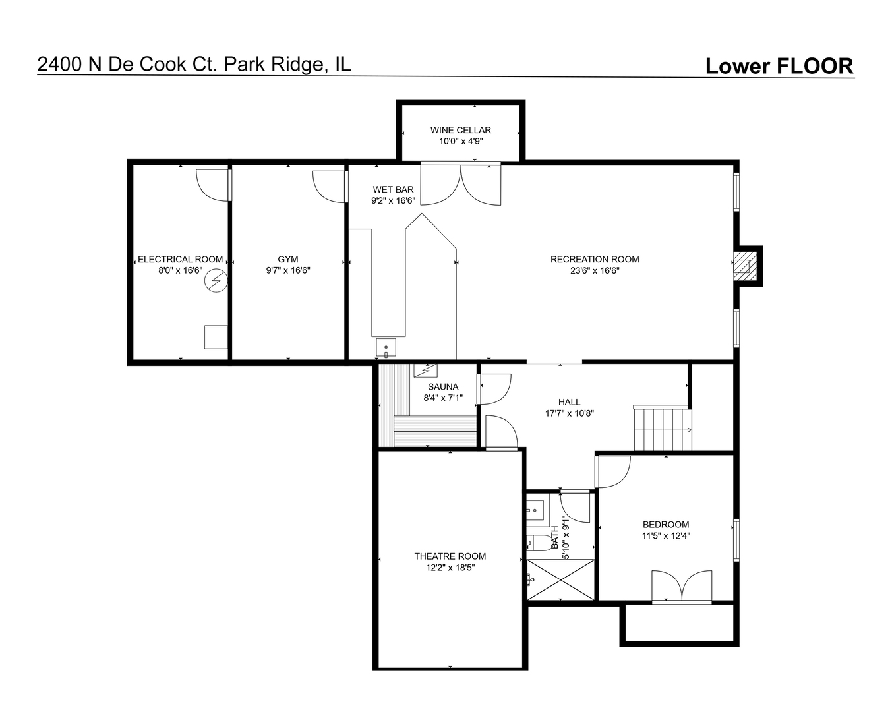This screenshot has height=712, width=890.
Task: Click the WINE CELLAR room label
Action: (460, 130)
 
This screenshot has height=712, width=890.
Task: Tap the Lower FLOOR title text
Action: (779, 66)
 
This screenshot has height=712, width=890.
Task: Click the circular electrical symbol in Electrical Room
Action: (216, 281)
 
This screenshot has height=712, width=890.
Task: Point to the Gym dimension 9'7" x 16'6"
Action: (288, 270)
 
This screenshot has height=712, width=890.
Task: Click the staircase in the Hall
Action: (663, 429)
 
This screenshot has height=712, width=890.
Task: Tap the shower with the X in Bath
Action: (560, 579)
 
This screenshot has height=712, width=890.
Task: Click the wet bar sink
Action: (386, 347)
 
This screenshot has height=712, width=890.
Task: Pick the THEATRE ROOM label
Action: (450, 556)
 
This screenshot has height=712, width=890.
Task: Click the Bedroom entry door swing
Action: (614, 471)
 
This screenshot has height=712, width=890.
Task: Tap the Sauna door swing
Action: (494, 389)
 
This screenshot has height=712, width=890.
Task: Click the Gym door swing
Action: (329, 187)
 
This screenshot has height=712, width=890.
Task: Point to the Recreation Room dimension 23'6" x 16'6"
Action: (594, 270)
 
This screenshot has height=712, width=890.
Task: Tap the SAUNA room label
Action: (443, 387)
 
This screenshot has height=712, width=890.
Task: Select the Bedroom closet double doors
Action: (682, 586)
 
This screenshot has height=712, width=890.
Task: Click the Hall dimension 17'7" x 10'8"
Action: (569, 413)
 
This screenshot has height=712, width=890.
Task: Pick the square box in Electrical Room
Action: (216, 337)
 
